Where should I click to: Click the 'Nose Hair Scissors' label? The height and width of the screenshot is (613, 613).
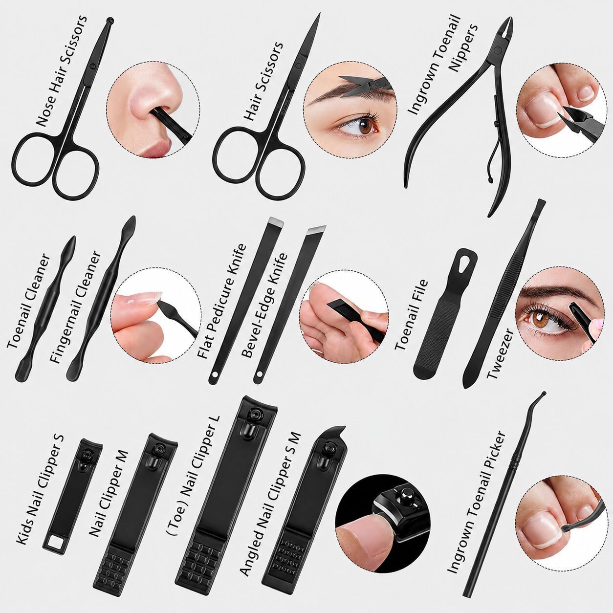tap(61, 70)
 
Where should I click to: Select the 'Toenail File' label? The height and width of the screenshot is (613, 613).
tap(412, 315)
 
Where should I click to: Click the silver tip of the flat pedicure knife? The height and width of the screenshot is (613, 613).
tap(276, 221)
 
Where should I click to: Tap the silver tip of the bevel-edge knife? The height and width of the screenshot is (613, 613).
tap(317, 229)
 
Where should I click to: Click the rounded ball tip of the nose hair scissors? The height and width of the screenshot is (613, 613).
tap(110, 22)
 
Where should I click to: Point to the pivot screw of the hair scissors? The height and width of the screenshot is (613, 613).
tap(298, 66)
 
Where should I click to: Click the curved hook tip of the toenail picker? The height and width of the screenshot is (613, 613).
tap(541, 396)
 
